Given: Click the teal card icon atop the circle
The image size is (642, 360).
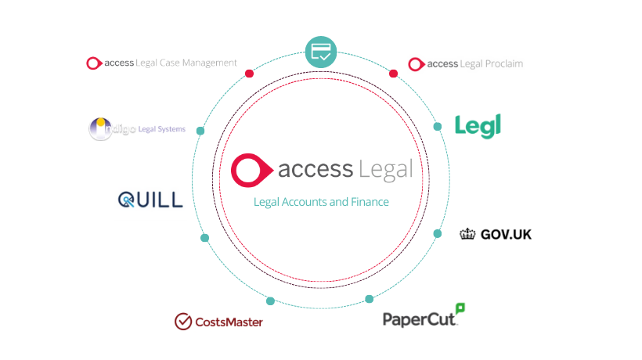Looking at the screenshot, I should point(320,52).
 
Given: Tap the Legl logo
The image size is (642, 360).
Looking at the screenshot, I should point(478,126).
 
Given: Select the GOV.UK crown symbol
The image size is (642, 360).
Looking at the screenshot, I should point(468,233).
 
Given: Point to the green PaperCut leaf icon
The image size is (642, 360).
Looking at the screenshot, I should point(460,308).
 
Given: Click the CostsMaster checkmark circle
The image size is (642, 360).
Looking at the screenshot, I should point(183,321).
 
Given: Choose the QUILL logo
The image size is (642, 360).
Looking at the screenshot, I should point(150,200).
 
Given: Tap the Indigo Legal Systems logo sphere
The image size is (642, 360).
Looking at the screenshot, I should point(99,129).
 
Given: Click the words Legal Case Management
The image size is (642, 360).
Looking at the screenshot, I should point(186,63).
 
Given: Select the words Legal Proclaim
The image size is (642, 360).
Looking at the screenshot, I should point(492,63).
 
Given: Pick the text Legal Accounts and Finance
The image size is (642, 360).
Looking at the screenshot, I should point(321,202).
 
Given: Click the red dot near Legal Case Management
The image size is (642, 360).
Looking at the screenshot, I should point(249,74).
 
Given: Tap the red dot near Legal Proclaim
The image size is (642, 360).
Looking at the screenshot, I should point(393,74).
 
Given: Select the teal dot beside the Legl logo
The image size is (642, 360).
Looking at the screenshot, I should point(438,126).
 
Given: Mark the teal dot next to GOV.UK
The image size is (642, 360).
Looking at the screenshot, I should point(438,232).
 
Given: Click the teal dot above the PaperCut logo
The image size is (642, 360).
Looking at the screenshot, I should point(370,299).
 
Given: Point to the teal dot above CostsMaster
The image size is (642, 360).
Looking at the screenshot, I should point(270,301).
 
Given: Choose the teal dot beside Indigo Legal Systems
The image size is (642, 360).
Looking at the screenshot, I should point(200,131).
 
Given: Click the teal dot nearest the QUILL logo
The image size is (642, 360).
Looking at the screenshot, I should point(204,237).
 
